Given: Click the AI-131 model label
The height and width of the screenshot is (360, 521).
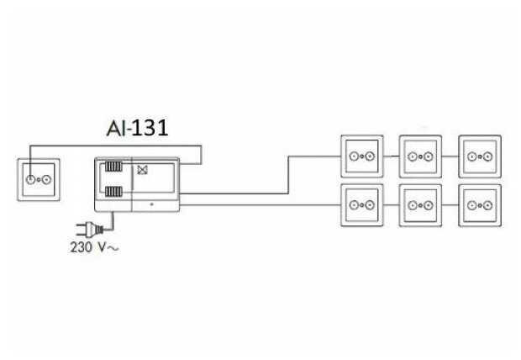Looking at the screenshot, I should (x=139, y=128).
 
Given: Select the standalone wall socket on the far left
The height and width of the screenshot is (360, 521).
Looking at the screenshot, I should (x=39, y=178).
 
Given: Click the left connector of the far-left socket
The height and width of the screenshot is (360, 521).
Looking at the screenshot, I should (x=32, y=178).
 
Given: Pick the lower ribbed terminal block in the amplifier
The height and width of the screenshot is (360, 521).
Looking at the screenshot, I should (x=113, y=193).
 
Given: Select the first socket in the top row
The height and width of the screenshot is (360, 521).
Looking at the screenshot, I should (x=361, y=156).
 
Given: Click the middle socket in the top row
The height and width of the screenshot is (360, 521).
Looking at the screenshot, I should (x=420, y=156).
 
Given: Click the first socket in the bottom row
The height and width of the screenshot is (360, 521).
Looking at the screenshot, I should (x=361, y=204).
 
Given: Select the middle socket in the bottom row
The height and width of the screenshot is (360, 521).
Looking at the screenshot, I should (x=420, y=204).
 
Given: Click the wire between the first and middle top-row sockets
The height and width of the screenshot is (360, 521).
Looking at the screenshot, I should (x=391, y=156).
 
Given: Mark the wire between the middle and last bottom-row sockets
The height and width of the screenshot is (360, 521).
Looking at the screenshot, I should (x=450, y=204).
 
